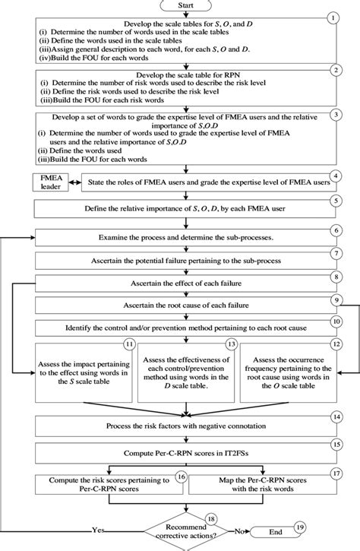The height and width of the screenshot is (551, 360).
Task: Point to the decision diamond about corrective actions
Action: coord(187,527)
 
